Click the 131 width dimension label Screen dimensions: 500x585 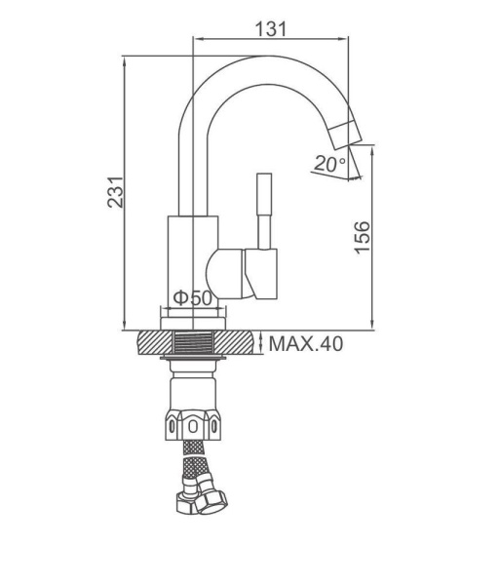tap(271, 28)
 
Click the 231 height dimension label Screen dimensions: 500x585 tap(115, 192)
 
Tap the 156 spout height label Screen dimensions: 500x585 tap(362, 238)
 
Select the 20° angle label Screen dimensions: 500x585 tap(329, 164)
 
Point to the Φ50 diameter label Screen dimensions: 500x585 tap(193, 297)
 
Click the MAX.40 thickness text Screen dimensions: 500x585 tap(306, 344)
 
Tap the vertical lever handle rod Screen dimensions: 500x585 tap(264, 211)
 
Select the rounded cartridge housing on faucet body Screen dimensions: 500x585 tap(225, 273)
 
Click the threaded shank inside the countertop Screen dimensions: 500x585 tap(193, 342)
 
